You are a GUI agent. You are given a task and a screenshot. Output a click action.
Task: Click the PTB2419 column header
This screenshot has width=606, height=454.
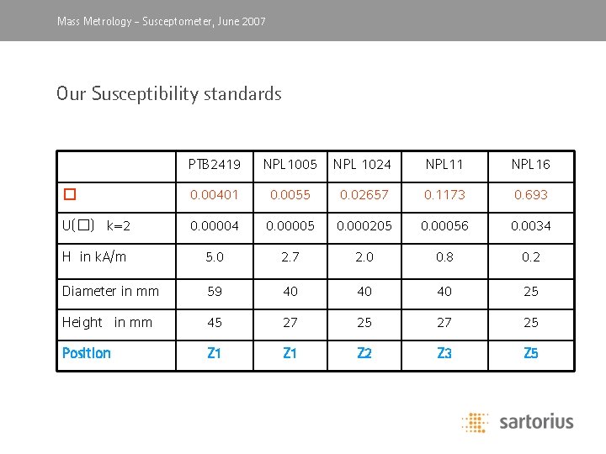click(x=214, y=164)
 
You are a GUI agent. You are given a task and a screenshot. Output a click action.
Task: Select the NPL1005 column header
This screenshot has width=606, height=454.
click(x=290, y=164)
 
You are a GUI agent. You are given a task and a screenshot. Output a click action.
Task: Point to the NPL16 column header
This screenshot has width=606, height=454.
click(x=530, y=164)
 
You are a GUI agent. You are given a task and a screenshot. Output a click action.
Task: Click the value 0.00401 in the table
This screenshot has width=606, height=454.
click(x=214, y=195)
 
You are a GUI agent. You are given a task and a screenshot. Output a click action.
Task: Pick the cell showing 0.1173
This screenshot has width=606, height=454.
click(x=444, y=195)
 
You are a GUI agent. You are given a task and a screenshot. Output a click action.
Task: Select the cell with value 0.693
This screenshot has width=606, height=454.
click(x=530, y=195)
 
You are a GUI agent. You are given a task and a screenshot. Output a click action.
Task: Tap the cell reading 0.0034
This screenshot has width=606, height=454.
click(x=530, y=225)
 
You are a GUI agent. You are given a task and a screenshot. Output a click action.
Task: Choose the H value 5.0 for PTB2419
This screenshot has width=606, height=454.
click(x=214, y=257)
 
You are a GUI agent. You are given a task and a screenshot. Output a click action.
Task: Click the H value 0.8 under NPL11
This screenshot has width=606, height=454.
click(x=444, y=257)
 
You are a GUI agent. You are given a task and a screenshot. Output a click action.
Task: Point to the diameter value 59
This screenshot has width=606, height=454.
click(x=214, y=291)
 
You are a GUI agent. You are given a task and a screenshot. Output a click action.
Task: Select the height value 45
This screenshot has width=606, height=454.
click(x=214, y=322)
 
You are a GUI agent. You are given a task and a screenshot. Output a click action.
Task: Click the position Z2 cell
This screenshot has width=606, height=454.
click(x=364, y=353)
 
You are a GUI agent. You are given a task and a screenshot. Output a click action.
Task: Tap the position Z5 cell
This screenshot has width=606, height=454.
click(x=530, y=353)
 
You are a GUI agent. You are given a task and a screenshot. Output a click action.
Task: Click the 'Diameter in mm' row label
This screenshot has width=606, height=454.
click(x=110, y=291)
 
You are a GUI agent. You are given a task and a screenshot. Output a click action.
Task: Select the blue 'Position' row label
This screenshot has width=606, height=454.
click(x=87, y=353)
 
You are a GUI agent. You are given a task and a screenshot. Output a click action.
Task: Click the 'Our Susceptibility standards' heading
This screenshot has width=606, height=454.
click(x=168, y=93)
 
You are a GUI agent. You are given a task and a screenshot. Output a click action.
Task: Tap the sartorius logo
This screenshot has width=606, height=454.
click(x=518, y=421)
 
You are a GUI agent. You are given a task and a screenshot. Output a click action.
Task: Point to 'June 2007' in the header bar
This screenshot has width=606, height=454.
click(x=241, y=21)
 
